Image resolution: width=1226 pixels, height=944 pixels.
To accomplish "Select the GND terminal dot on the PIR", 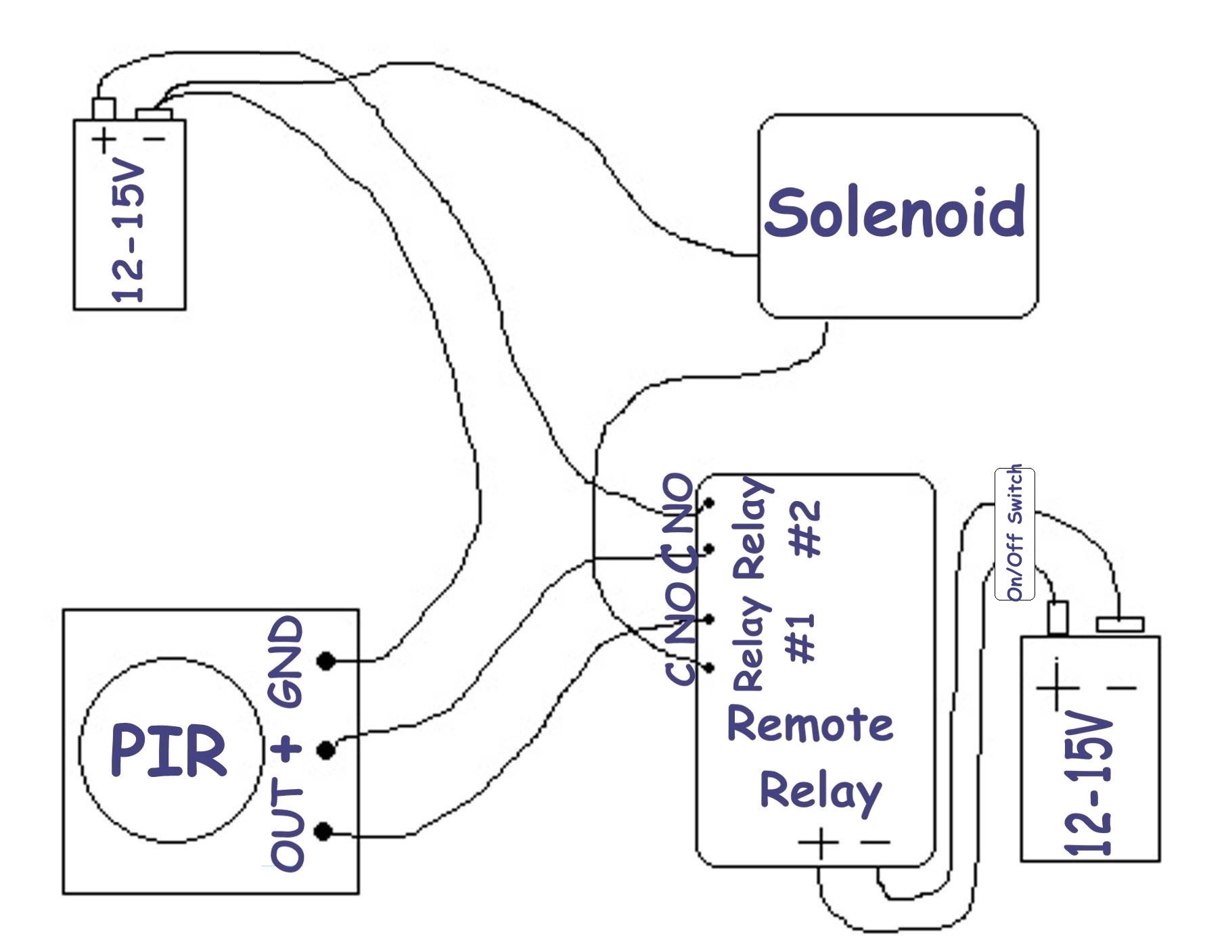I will click(x=326, y=661).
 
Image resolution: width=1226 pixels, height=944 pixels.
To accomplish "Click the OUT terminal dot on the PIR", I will click(x=324, y=832).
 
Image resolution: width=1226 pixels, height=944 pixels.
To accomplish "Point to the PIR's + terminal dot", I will click(x=326, y=749).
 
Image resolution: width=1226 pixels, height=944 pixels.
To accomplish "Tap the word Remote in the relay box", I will click(x=810, y=724).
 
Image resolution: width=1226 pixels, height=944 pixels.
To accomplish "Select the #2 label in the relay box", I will click(x=807, y=528).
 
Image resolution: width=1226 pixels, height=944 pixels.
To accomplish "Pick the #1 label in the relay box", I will click(x=802, y=638).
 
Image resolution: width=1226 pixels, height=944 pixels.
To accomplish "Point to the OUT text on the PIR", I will click(x=287, y=828).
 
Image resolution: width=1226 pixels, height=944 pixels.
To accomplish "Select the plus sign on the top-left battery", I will click(x=104, y=141).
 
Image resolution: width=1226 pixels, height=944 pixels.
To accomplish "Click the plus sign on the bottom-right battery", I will click(x=1057, y=688).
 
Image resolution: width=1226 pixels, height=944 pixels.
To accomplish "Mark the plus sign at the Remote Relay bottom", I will click(x=819, y=843).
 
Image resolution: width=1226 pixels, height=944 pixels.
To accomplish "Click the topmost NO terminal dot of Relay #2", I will click(x=709, y=503).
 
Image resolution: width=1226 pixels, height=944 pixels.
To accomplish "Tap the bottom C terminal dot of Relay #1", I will click(x=709, y=668).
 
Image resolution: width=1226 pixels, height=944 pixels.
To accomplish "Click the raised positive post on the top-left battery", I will click(x=104, y=109).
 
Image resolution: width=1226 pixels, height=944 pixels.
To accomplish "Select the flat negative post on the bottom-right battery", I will click(x=1120, y=623).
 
